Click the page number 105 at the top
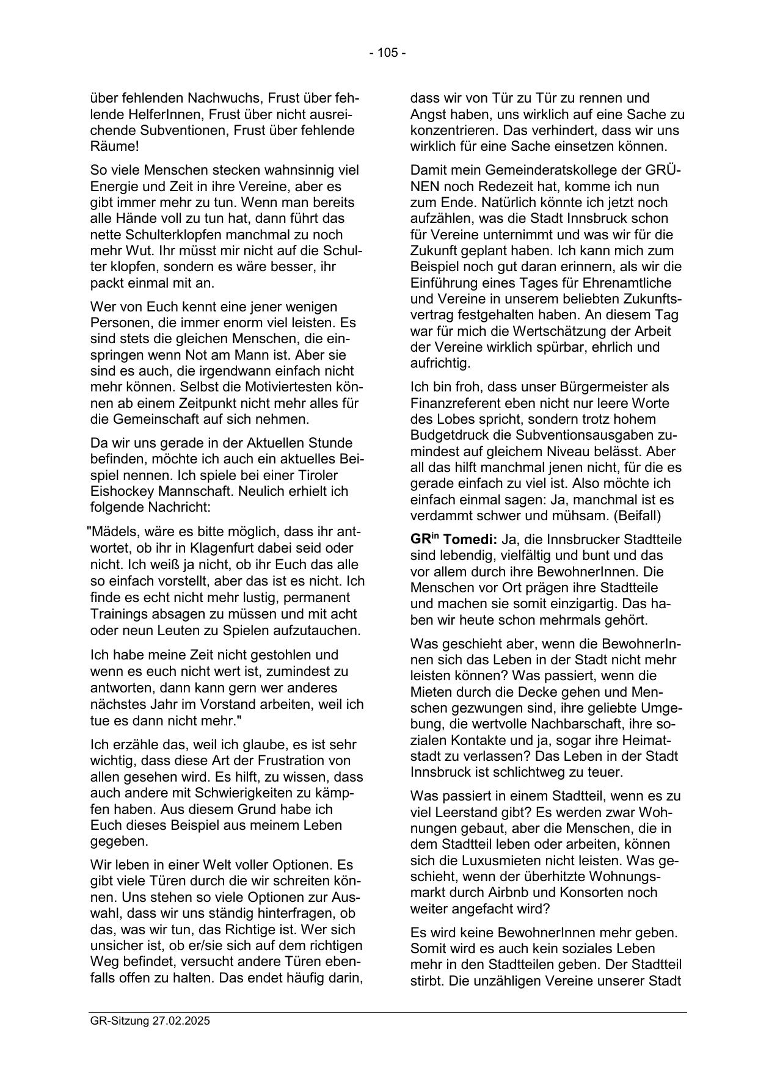387,53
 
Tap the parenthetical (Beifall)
636,516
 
